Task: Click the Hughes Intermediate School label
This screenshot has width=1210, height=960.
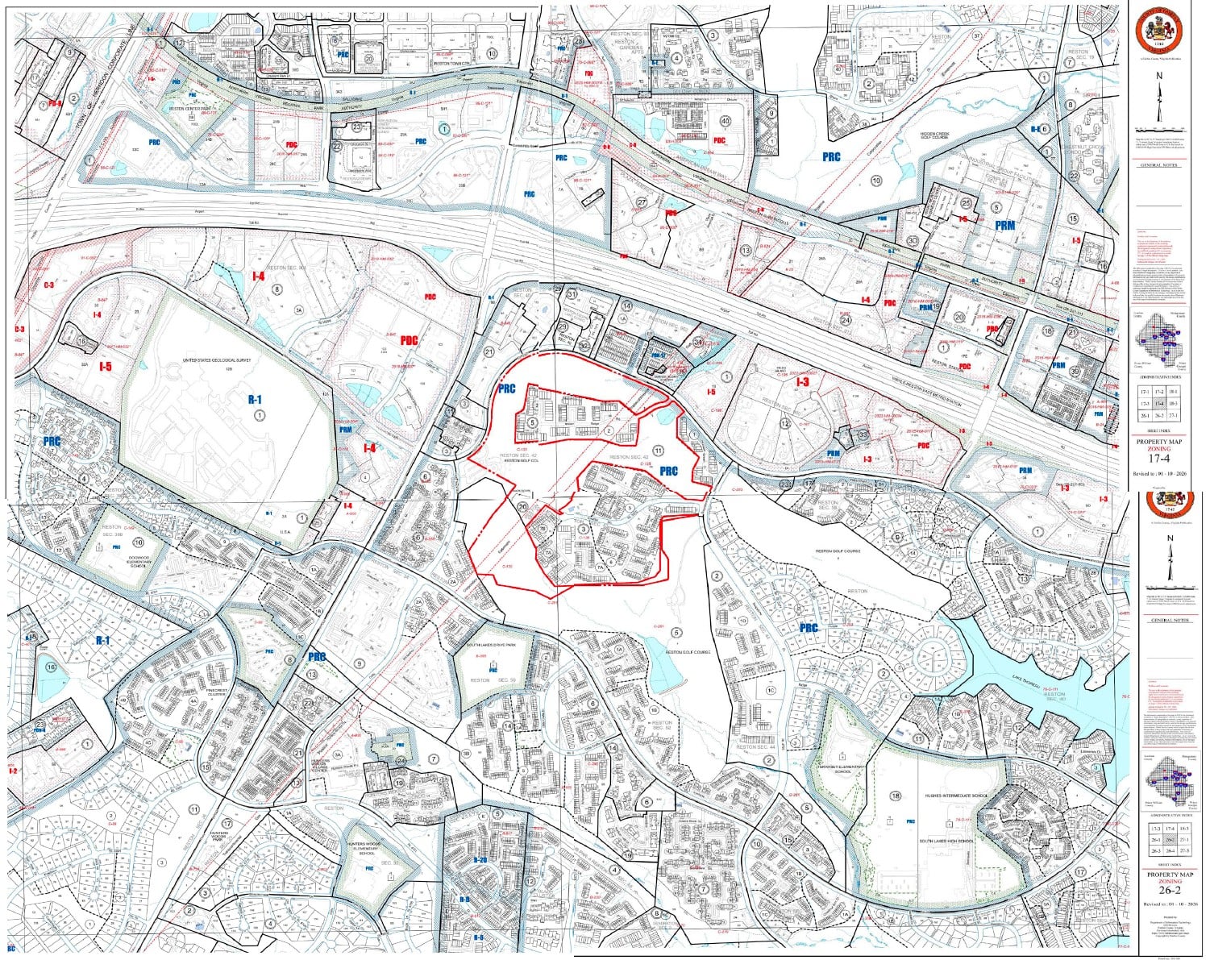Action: (957, 795)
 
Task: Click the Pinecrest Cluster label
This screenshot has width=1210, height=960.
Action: (218, 691)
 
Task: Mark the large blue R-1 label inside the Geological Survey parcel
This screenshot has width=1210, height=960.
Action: (255, 398)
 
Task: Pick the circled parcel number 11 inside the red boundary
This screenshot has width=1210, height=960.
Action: (659, 450)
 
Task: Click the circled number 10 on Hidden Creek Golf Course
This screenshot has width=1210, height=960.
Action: (875, 181)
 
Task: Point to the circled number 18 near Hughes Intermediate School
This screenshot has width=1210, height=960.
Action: (895, 796)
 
